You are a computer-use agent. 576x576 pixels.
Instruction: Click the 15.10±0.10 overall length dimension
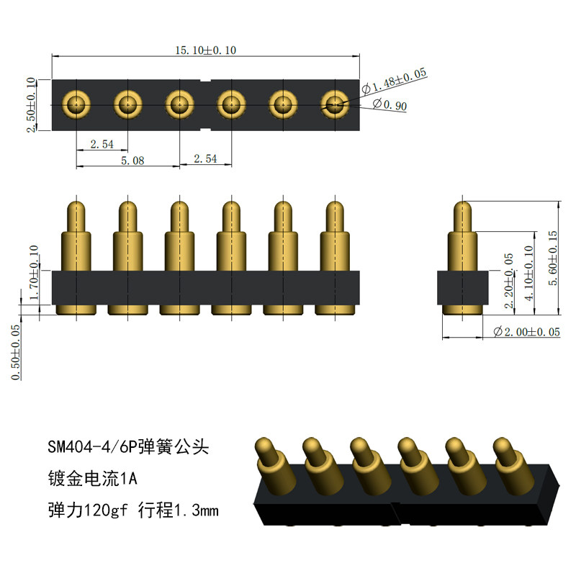[206, 50]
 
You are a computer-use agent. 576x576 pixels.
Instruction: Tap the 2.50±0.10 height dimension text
[31, 104]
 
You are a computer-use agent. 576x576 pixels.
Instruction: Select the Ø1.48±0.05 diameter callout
[394, 81]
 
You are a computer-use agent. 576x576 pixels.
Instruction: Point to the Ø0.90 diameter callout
[390, 104]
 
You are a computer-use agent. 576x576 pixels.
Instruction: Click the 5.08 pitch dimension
[132, 161]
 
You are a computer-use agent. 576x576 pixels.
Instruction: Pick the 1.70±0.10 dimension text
[33, 272]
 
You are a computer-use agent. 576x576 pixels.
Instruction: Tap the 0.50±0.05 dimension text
[15, 352]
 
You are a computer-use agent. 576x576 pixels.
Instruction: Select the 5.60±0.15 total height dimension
[553, 258]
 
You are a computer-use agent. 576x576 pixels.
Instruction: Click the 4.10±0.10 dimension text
[528, 273]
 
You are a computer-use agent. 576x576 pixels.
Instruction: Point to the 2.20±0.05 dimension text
[509, 281]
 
